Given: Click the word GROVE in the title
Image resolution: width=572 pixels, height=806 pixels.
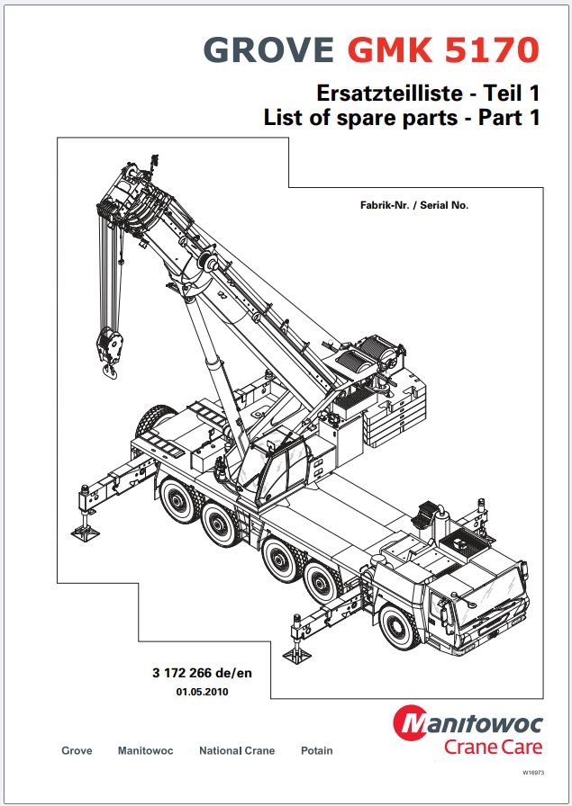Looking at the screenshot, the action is pos(268,50).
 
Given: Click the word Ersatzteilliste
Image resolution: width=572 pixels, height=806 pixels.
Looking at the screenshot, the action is pos(389,94).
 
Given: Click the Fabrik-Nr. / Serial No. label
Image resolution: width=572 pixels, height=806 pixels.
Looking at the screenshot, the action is pos(414,205).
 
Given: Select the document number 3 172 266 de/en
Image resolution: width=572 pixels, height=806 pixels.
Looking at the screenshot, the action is pos(203,673).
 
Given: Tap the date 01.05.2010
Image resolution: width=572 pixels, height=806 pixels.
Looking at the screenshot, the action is pos(203,692).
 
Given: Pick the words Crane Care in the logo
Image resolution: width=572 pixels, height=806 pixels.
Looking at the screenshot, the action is pos(494,747).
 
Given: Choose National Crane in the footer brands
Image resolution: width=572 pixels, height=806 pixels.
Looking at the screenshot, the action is pos(237,751).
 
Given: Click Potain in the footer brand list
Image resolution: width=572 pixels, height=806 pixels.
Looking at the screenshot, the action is pos(317,751).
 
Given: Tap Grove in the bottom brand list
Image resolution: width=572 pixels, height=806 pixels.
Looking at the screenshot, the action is pos(77,751).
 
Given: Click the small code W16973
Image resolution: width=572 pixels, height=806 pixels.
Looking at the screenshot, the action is pos(533,772).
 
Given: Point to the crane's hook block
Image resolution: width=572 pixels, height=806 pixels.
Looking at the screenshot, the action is pos(110,351).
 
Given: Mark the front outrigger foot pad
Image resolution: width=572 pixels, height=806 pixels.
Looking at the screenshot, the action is pos(297,656).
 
